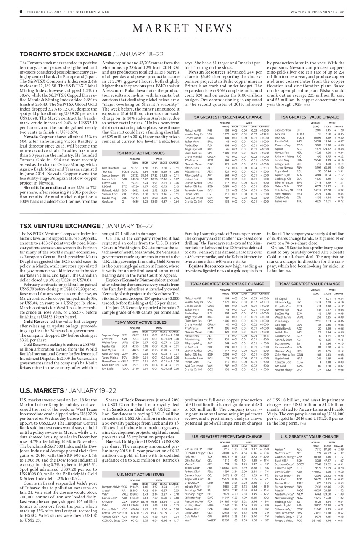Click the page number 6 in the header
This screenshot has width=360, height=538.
(x=21, y=12)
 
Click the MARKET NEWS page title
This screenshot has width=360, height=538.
(x=180, y=29)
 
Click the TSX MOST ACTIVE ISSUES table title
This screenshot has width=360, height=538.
(x=135, y=154)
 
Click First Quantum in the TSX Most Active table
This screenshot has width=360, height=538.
(x=110, y=168)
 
